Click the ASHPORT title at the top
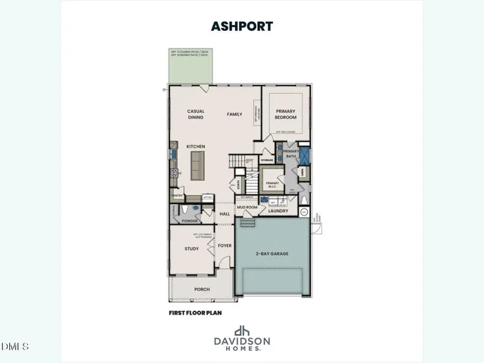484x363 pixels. [242, 26]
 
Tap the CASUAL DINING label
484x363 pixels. [196, 114]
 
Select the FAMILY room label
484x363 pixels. [234, 114]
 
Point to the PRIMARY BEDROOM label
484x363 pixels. [285, 114]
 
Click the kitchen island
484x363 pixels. [198, 164]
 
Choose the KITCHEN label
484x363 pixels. [196, 146]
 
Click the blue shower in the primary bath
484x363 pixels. [304, 157]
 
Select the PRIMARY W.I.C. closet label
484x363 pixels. [273, 184]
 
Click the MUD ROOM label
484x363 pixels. [247, 206]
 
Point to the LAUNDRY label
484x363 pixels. [278, 212]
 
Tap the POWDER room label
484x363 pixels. [190, 221]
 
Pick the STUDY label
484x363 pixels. [191, 247]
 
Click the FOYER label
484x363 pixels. [225, 245]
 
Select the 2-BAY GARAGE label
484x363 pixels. [272, 253]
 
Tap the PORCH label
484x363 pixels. [201, 289]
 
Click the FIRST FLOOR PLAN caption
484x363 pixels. [195, 311]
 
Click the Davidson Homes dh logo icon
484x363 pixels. [242, 331]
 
